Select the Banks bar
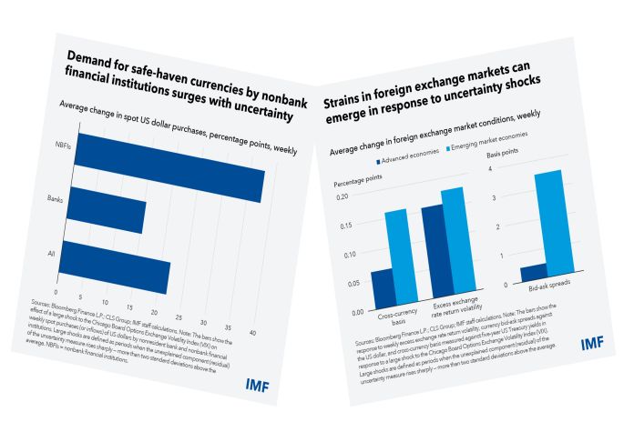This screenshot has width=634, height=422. (x=107, y=214)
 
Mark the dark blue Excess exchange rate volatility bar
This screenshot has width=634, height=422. (x=432, y=252)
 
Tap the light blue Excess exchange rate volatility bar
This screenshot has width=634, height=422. (x=453, y=243)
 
